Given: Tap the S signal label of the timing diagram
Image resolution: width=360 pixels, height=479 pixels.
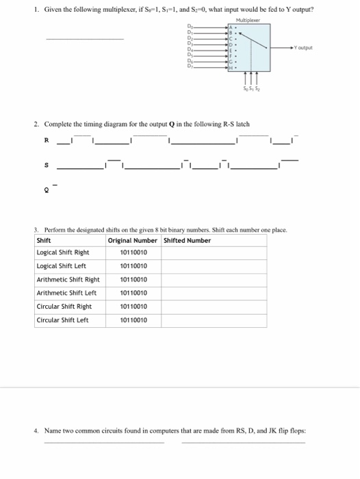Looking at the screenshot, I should click(x=45, y=166).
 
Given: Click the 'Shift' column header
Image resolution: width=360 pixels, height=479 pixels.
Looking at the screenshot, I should click(x=44, y=240).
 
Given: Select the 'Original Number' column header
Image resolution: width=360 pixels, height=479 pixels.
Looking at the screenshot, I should click(x=132, y=240).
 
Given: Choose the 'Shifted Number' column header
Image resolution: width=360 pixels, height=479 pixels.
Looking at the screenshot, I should click(x=188, y=240).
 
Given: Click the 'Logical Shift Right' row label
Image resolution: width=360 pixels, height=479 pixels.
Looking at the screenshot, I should click(x=63, y=253).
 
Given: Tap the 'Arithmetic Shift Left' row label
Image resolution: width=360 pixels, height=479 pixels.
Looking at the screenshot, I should click(x=66, y=293).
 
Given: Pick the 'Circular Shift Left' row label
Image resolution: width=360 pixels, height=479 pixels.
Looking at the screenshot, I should click(x=62, y=320).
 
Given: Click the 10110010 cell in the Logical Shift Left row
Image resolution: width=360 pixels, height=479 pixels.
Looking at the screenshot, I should click(x=133, y=266).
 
